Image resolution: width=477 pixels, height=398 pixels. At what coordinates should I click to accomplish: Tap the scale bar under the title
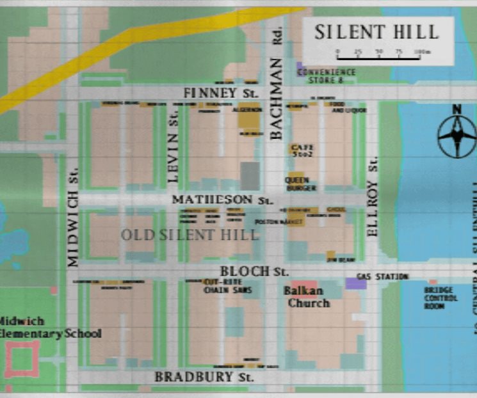pos(378,56)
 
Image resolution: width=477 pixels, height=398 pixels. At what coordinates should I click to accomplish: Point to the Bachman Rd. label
pos(276,90)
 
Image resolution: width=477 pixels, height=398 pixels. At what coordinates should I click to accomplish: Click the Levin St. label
pos(172,145)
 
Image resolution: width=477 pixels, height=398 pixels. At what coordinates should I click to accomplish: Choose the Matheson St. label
pos(222,200)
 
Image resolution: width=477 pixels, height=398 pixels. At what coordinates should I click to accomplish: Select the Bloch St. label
pos(254,271)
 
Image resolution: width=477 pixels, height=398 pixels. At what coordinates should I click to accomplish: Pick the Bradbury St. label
pos(204,376)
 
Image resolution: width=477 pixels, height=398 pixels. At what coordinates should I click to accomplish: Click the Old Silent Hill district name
pos(190,235)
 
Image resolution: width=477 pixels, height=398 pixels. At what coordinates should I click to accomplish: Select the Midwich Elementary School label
pos(50,327)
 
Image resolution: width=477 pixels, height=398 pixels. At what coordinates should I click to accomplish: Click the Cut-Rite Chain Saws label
pos(228,286)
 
